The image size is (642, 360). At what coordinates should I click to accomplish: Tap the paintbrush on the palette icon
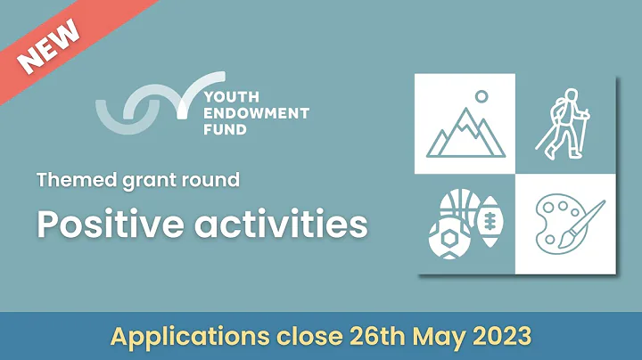[x=584, y=222]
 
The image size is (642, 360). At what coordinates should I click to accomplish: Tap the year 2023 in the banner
[x=501, y=337]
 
